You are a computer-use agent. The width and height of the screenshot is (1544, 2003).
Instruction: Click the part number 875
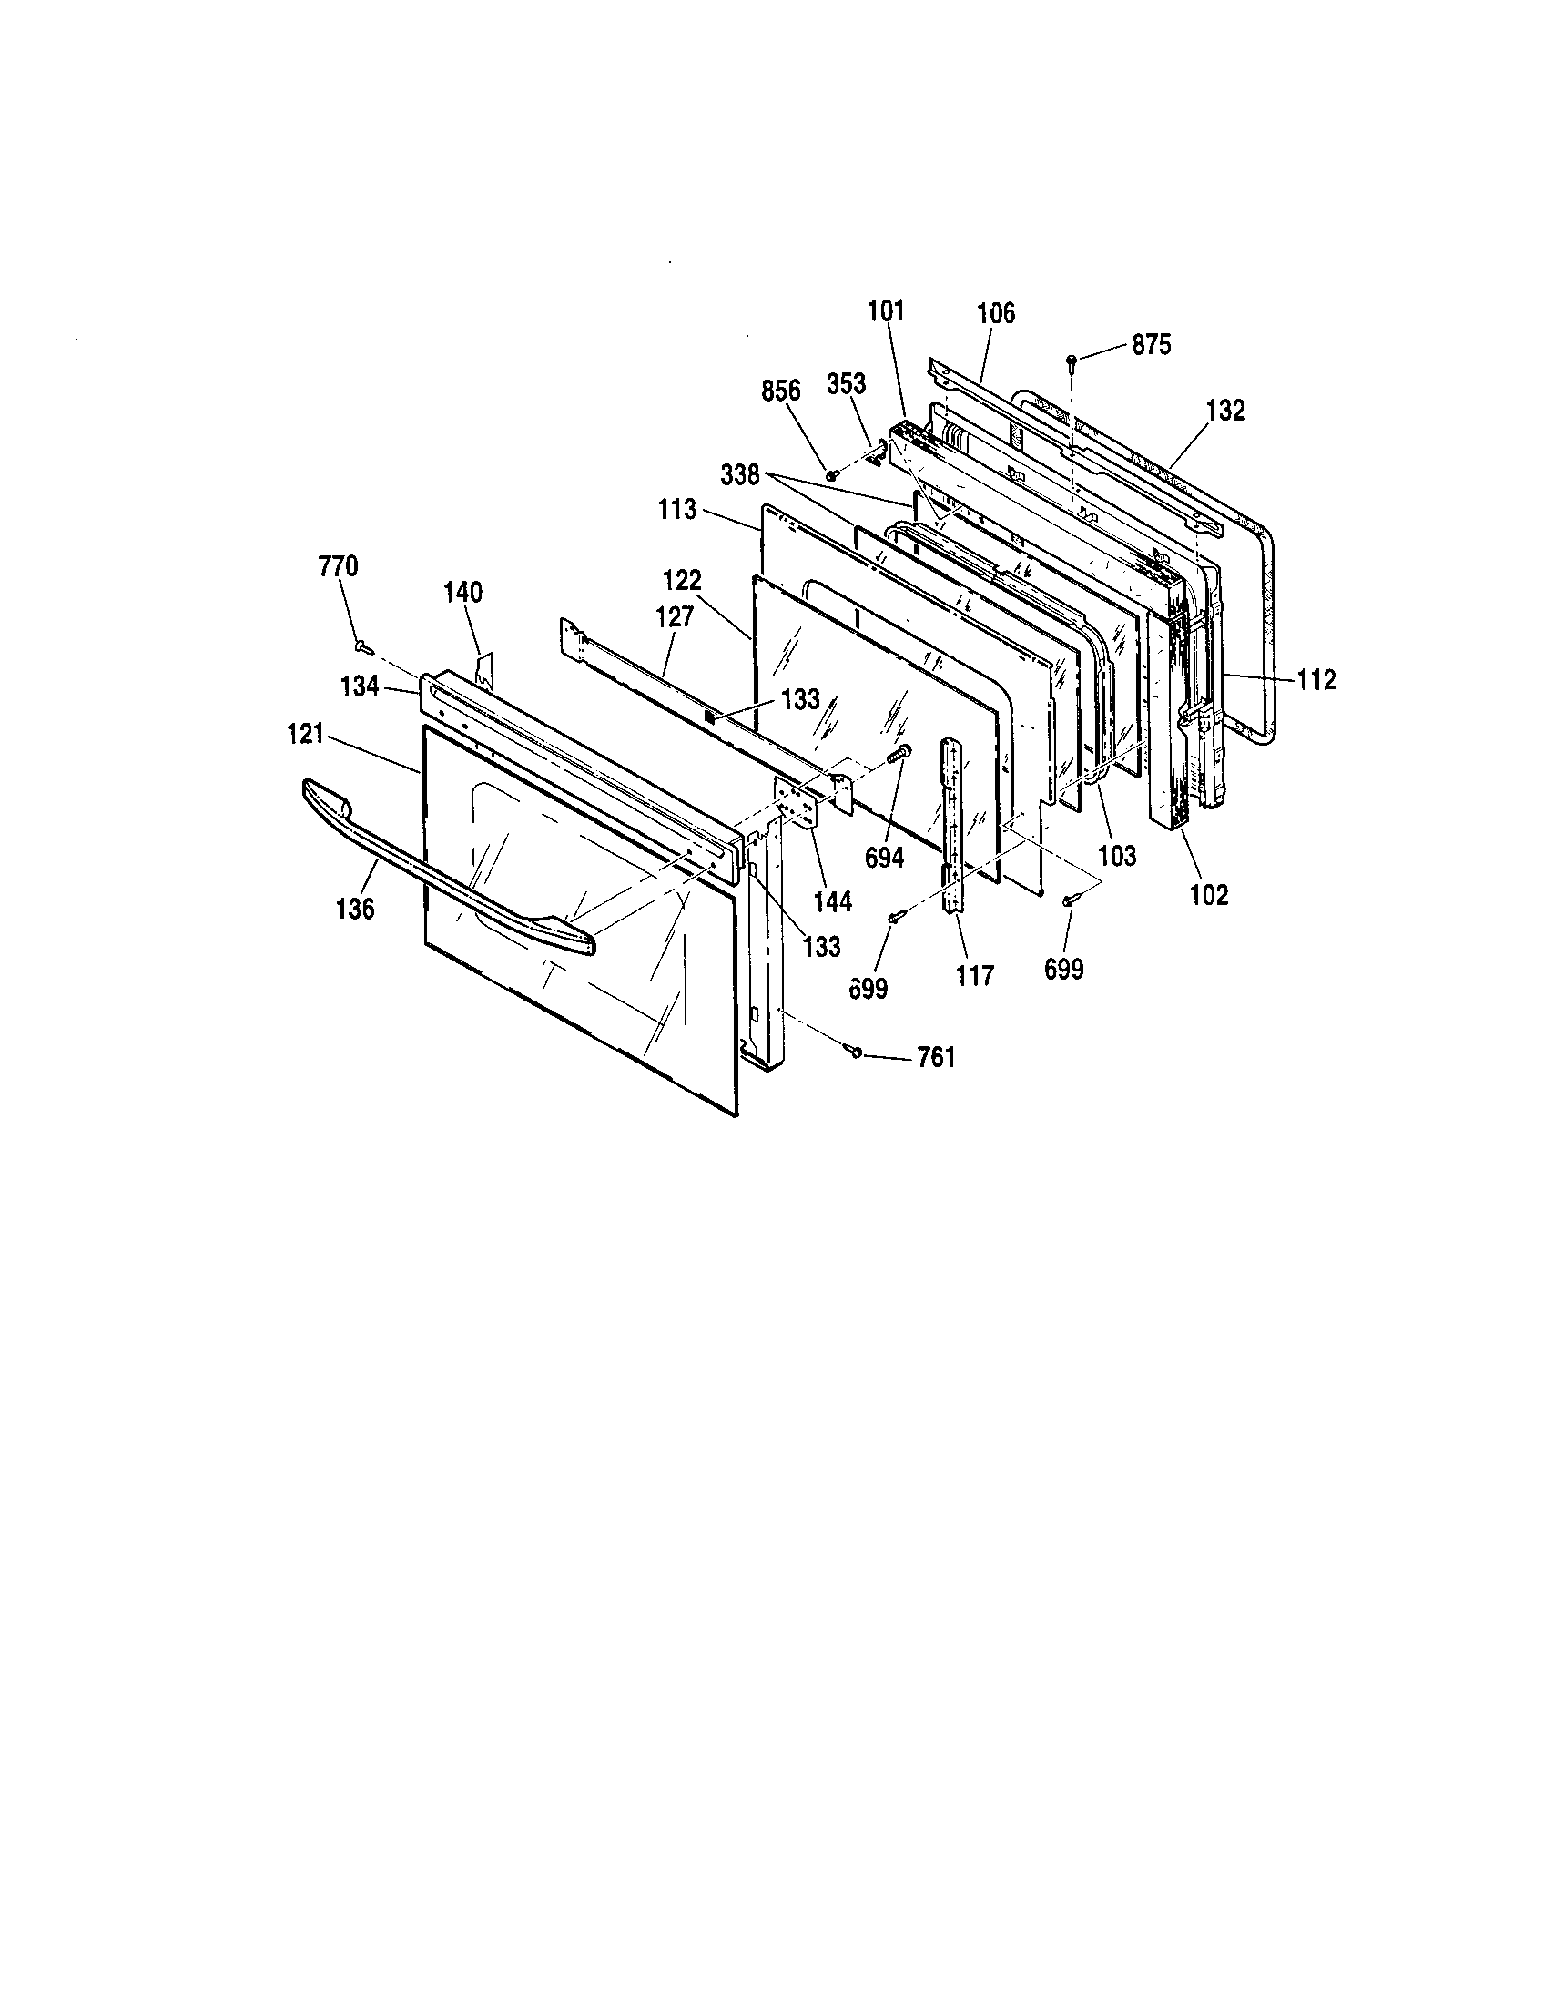coord(1152,345)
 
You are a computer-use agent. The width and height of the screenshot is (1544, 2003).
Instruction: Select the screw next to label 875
coord(1071,360)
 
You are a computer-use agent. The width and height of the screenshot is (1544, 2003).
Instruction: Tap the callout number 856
coord(780,391)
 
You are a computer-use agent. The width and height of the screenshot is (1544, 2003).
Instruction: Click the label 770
coord(339,567)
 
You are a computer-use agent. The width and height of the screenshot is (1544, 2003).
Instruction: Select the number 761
coord(936,1058)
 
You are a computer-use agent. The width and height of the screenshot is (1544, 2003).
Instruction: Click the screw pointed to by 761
coord(856,1051)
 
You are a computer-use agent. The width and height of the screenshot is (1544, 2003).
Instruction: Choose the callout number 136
coord(355,909)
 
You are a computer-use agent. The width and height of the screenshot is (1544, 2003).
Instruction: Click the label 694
coord(885,858)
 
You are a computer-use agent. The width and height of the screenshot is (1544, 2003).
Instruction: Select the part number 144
coord(831,902)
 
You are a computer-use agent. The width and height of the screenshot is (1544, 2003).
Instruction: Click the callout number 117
coord(974,976)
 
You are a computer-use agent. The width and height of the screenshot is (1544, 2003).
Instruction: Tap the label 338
coord(740,475)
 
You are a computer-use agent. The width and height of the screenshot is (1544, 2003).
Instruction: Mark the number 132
coord(1226,412)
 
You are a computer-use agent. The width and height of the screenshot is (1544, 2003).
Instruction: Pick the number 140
coord(463,593)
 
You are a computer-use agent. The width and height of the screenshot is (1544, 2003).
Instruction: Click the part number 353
coord(847,384)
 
